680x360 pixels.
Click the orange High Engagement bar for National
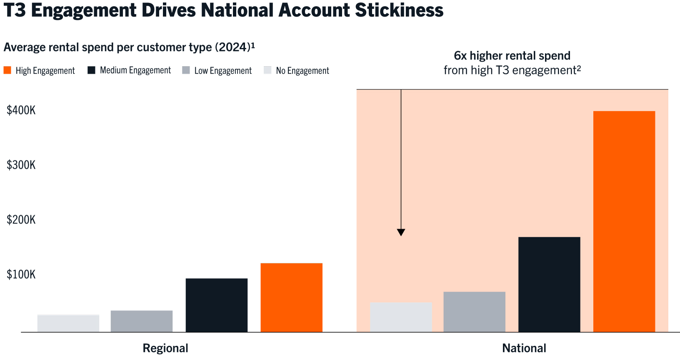coord(624,222)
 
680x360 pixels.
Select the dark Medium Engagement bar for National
coord(549,285)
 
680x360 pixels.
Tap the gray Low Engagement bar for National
coord(474,312)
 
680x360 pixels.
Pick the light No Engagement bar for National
coord(401,317)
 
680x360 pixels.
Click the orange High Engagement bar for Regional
coord(291,297)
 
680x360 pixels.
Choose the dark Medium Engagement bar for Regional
coord(216,305)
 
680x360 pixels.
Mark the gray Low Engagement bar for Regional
coord(142,321)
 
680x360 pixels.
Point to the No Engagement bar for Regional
coord(68,324)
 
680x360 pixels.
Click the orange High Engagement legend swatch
coord(7,70)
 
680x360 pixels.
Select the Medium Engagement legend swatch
coord(91,70)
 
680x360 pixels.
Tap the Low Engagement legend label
coord(223,71)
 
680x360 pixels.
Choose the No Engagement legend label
coord(302,71)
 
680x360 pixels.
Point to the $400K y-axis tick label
coord(21,110)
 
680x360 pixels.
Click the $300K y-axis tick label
coord(21,165)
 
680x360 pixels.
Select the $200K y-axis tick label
coord(21,220)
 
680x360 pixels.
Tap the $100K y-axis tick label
coord(21,275)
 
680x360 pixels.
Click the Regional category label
coord(165,348)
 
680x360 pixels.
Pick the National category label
coord(524,348)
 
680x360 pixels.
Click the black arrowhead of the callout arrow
coord(401,232)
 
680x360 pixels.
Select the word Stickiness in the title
coord(399,10)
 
